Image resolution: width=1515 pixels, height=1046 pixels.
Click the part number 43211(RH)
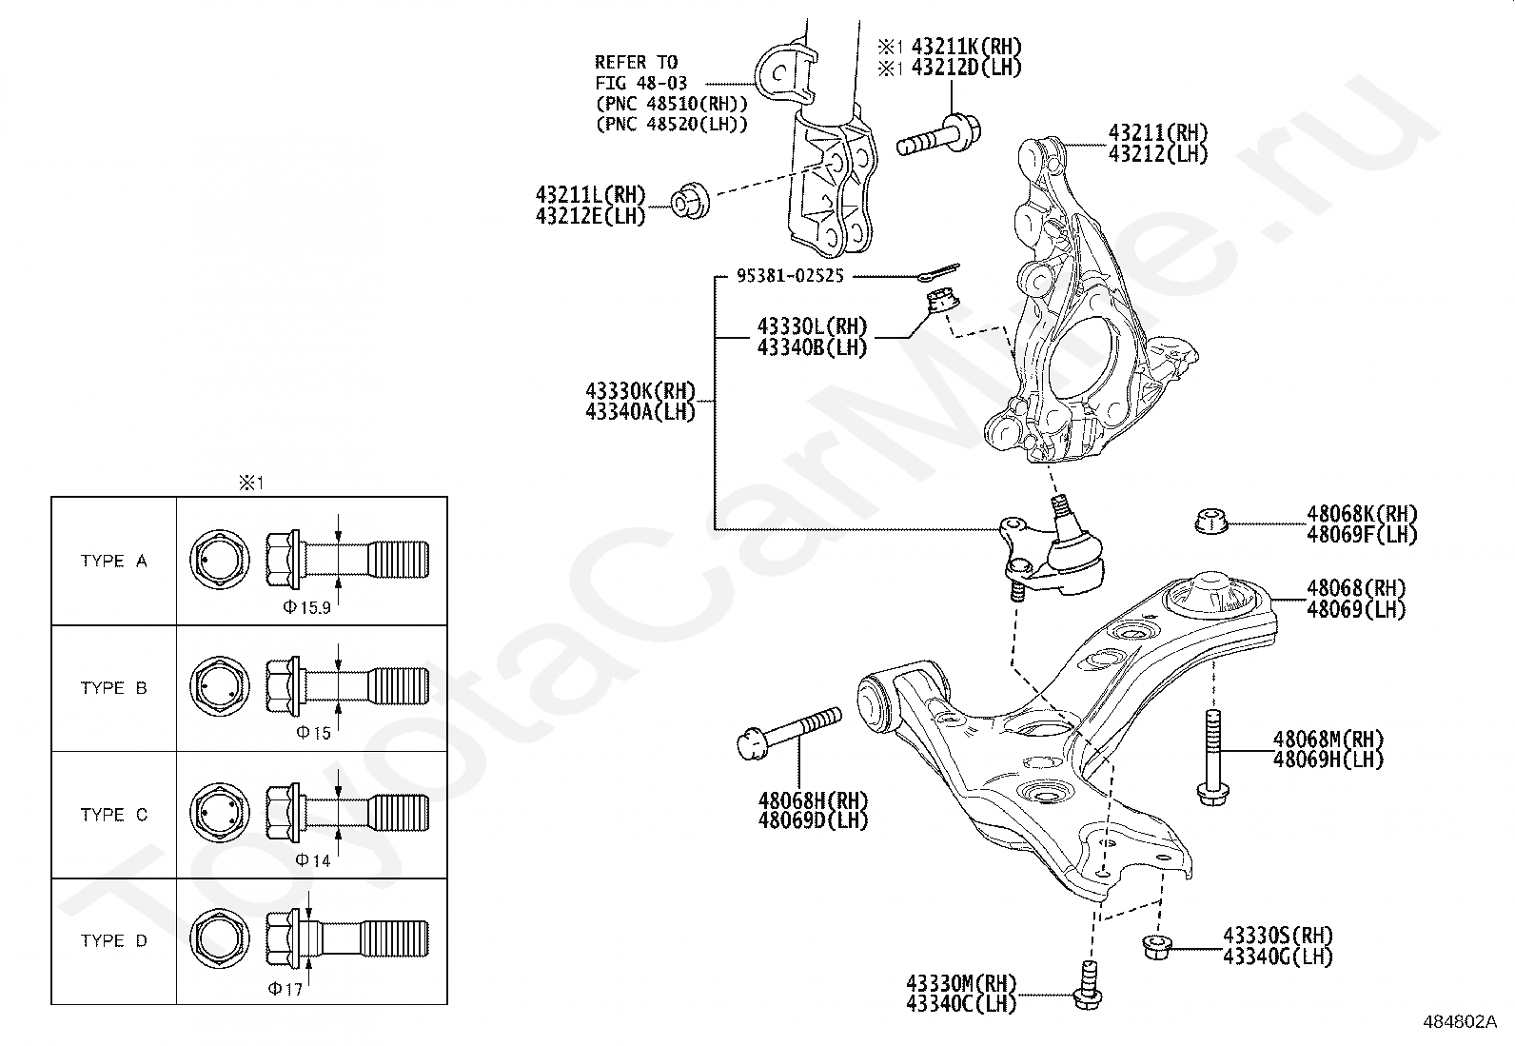[1156, 133]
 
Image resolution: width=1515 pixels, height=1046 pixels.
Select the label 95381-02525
[790, 276]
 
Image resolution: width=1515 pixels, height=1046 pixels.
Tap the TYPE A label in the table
[114, 561]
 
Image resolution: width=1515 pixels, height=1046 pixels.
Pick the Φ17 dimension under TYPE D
[285, 989]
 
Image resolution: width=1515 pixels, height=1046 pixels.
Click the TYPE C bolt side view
[347, 814]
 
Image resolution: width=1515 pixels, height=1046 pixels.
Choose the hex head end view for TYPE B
[221, 687]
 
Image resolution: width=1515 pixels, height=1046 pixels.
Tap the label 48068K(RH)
[1361, 515]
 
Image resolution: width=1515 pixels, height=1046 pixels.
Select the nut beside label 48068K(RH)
[1210, 522]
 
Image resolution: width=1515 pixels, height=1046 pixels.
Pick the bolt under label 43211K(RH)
[940, 136]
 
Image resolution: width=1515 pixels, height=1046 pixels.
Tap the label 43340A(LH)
[640, 411]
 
